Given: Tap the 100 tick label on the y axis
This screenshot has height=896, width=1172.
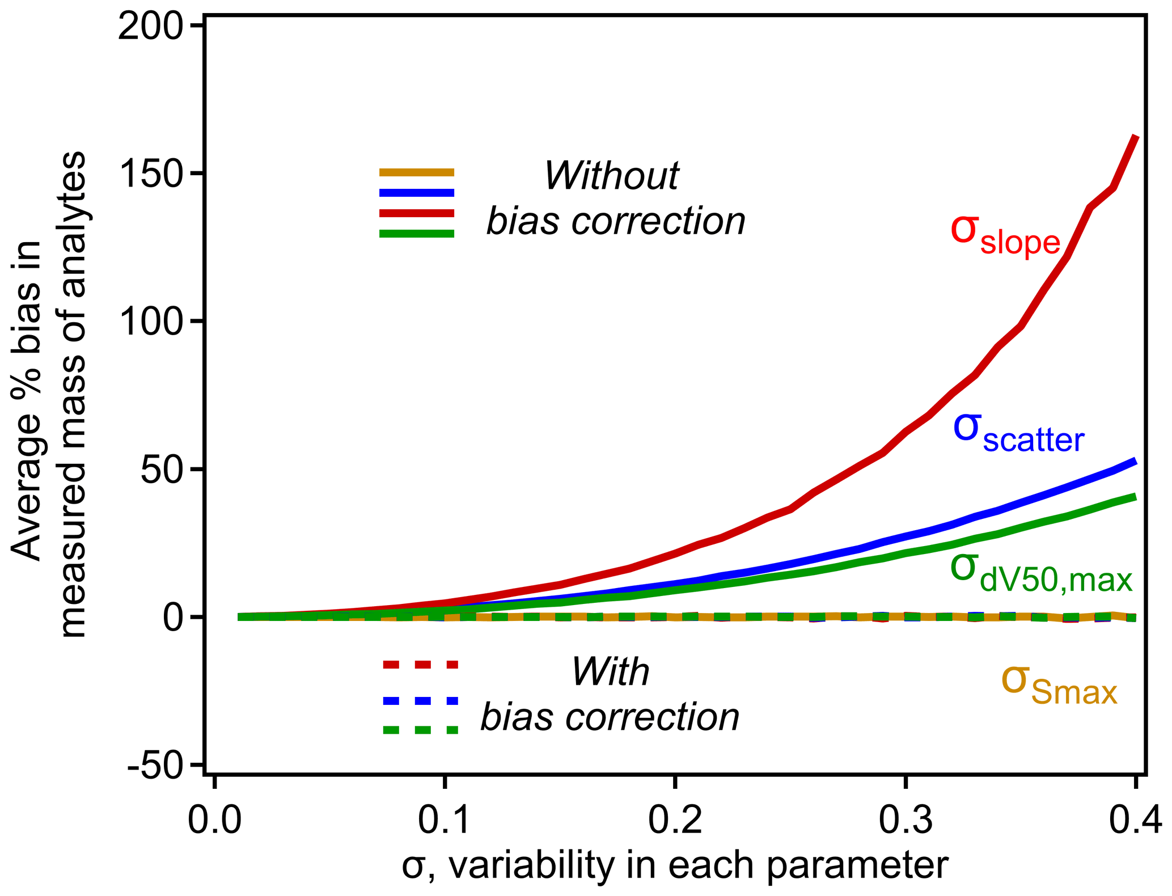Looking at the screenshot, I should [151, 322].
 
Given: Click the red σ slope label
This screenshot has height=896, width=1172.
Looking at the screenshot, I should [1005, 234].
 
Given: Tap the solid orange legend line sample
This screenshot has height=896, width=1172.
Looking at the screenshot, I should [417, 172].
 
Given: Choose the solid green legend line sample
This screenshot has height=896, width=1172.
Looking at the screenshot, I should [417, 233].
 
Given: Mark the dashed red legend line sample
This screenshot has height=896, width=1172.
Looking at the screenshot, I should [420, 664].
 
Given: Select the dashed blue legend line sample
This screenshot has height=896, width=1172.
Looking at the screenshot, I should [420, 701].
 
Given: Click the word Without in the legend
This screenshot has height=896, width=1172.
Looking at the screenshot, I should [611, 175].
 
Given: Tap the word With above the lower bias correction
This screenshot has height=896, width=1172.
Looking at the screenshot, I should [610, 672].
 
